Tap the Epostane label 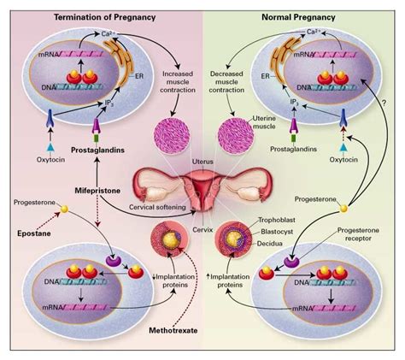pos(35,233)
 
